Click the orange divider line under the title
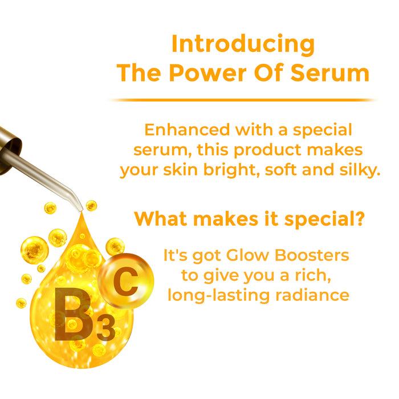click(x=242, y=100)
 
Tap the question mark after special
click(x=361, y=218)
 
